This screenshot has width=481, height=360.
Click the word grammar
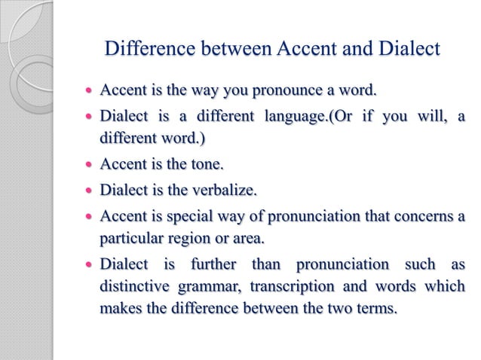(x=201, y=288)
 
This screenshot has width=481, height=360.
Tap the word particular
(x=131, y=239)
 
